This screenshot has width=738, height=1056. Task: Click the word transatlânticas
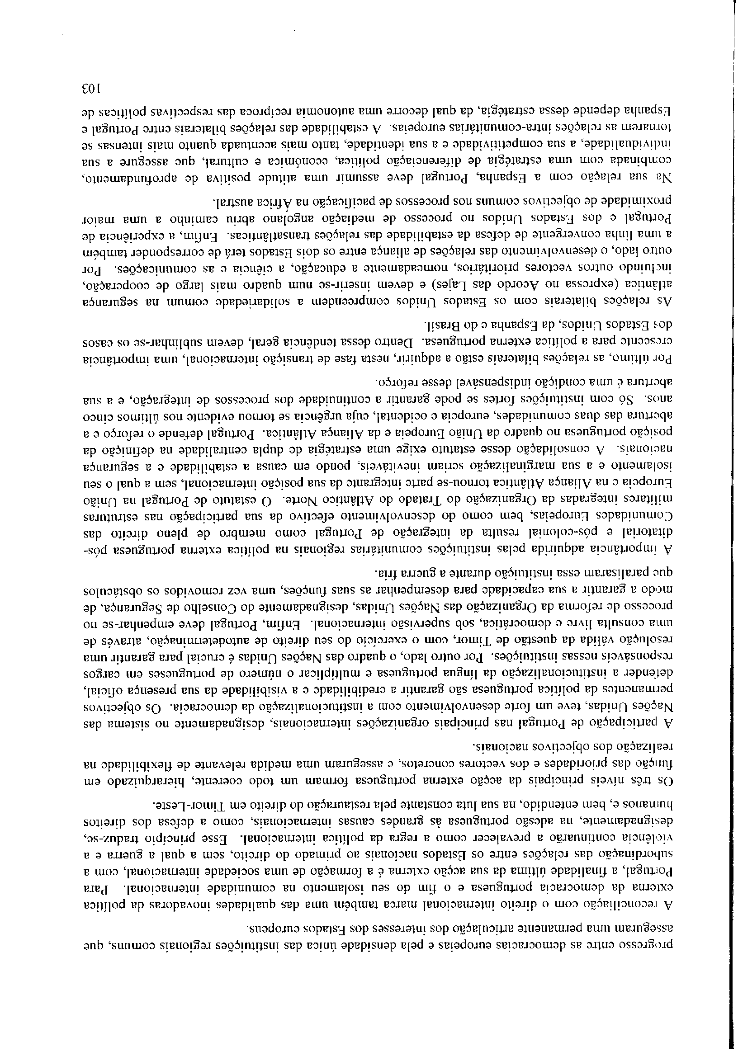point(286,236)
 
